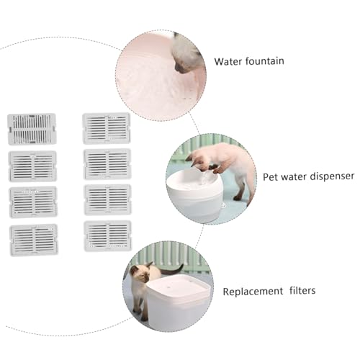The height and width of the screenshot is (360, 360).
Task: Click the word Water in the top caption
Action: tap(228, 61)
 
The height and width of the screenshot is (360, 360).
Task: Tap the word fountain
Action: tap(265, 61)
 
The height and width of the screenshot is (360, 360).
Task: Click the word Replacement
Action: tap(253, 292)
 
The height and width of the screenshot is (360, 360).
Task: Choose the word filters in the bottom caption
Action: tap(302, 290)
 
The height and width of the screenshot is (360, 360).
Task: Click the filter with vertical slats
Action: tap(32, 129)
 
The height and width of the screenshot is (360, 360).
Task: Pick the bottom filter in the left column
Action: tap(34, 240)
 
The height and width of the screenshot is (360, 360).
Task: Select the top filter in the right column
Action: tap(107, 128)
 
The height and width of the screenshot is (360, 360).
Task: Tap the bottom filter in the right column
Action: tap(108, 236)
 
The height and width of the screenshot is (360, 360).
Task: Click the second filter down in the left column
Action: tap(32, 166)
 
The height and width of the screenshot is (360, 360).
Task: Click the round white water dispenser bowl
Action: tap(194, 194)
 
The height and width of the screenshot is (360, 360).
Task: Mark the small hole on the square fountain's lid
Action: tap(170, 287)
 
